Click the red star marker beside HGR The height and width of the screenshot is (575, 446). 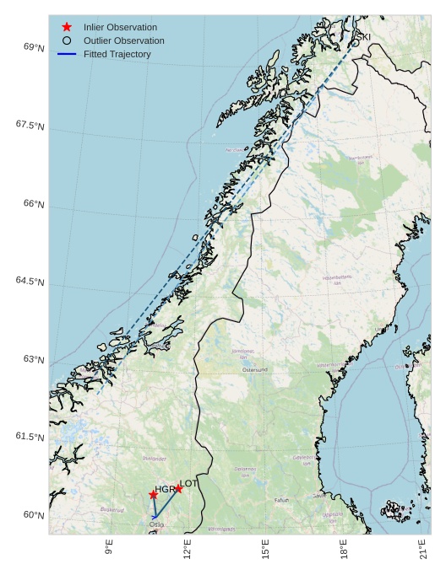point(153,495)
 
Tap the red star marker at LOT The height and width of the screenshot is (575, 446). point(178,489)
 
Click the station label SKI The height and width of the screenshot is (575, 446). point(362,37)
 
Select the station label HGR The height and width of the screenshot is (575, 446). point(165,489)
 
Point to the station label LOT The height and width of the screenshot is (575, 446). point(188,483)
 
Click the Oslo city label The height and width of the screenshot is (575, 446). point(156,524)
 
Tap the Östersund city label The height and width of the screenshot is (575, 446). point(254,370)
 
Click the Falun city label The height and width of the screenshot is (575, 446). point(281,500)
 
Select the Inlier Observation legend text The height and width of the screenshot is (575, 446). point(120,27)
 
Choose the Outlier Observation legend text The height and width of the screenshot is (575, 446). point(123,40)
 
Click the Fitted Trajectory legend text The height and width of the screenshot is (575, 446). point(117,54)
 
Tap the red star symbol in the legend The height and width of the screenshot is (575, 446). point(67,27)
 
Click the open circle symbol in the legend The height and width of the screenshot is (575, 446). point(67,40)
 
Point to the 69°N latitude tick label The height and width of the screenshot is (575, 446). point(34,48)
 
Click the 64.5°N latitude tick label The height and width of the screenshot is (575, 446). point(30,282)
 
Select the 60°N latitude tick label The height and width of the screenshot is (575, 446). point(34,515)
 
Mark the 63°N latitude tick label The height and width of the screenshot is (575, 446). point(34,360)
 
